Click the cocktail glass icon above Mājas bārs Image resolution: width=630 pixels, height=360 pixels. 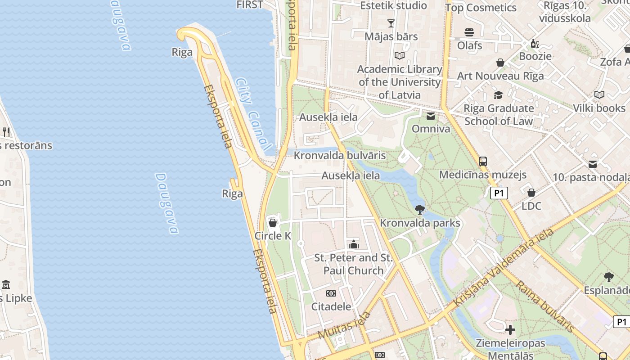(391, 23)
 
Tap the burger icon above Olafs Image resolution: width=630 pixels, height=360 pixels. (469, 32)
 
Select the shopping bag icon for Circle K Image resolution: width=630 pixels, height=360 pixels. (272, 222)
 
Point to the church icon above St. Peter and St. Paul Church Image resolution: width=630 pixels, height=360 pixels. (354, 244)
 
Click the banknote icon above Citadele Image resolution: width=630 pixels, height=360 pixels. (331, 293)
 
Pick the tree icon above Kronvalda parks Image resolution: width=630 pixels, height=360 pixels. (420, 209)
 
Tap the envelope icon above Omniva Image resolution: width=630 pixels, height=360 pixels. (431, 116)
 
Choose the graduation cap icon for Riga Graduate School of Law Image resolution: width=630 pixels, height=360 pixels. (498, 95)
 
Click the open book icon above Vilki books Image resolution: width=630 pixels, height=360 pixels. (599, 95)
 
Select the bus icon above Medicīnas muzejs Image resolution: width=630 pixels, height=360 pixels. (483, 161)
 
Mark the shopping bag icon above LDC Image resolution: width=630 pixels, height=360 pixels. (531, 193)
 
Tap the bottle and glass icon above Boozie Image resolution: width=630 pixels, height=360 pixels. (535, 44)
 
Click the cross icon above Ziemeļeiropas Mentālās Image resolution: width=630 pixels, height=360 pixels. (510, 330)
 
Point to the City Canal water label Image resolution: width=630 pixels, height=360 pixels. (253, 114)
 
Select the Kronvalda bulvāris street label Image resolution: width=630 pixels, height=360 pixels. (340, 156)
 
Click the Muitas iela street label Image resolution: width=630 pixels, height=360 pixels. (344, 325)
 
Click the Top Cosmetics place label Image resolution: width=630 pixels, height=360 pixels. (481, 8)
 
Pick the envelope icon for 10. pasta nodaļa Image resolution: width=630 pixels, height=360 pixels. (593, 164)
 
